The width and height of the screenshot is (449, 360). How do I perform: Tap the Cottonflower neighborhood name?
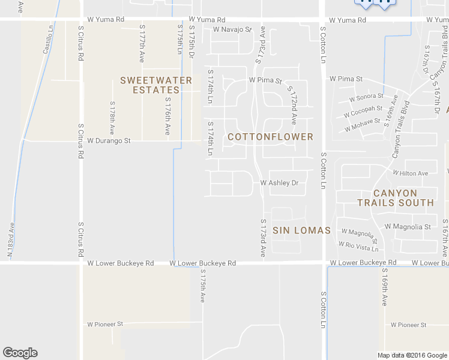pyautogui.click(x=271, y=137)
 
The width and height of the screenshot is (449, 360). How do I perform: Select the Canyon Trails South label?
pyautogui.click(x=396, y=198)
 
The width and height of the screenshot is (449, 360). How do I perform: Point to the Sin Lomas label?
pyautogui.click(x=301, y=230)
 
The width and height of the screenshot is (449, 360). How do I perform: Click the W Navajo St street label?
pyautogui.click(x=232, y=29)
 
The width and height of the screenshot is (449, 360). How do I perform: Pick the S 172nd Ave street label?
pyautogui.click(x=292, y=105)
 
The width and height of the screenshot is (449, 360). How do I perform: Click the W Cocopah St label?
pyautogui.click(x=363, y=112)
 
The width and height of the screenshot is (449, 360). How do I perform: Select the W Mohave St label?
pyautogui.click(x=362, y=125)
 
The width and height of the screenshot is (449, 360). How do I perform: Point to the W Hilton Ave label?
pyautogui.click(x=411, y=173)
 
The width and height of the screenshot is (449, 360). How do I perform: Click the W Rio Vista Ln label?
pyautogui.click(x=358, y=246)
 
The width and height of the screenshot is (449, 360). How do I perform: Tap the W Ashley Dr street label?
pyautogui.click(x=279, y=183)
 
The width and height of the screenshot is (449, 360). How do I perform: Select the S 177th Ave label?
pyautogui.click(x=142, y=44)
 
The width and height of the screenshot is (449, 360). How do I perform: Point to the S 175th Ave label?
pyautogui.click(x=203, y=286)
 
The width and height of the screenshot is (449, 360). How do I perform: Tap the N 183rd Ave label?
pyautogui.click(x=10, y=239)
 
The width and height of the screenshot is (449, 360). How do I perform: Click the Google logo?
pyautogui.click(x=20, y=353)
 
